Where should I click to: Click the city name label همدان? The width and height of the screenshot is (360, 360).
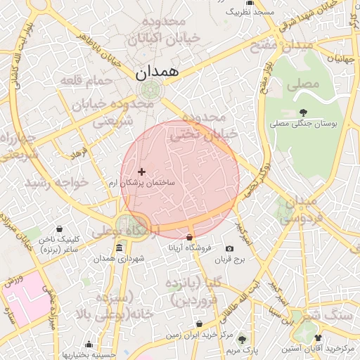click(x=157, y=71)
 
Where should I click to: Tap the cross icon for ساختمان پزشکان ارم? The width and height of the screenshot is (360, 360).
click(x=142, y=172)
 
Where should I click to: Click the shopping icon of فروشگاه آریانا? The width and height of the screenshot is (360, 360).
click(x=189, y=237)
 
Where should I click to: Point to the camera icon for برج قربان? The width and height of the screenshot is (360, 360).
click(x=229, y=249)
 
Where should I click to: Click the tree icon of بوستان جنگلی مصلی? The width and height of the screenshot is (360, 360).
click(x=303, y=112)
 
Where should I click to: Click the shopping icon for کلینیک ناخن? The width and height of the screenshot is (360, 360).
click(x=59, y=229)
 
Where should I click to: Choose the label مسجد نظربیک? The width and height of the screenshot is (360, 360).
click(x=250, y=13)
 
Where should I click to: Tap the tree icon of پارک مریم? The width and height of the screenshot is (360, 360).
click(x=242, y=338)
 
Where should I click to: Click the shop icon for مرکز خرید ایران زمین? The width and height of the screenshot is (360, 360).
click(x=200, y=324)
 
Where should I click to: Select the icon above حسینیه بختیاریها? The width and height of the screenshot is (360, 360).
click(x=89, y=345)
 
